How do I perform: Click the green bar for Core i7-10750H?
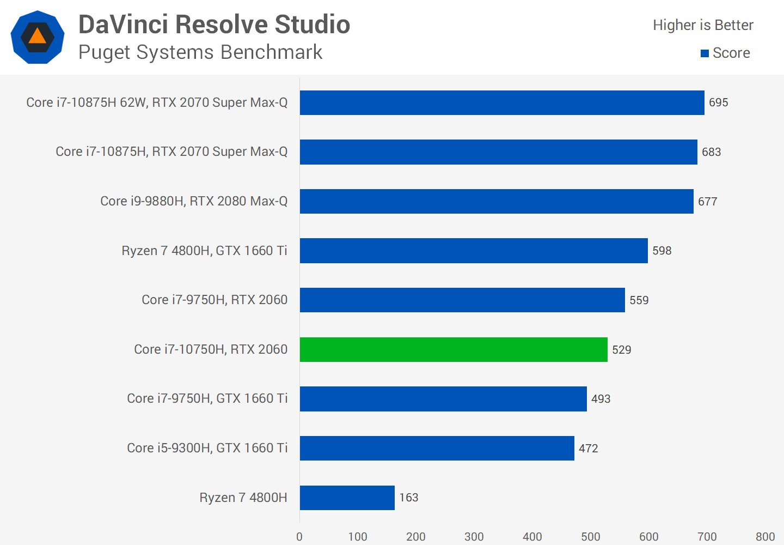(x=454, y=349)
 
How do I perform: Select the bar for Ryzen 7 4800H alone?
(x=347, y=498)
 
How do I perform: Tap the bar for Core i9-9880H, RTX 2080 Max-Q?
(x=497, y=201)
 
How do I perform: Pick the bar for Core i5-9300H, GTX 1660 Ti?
(x=437, y=448)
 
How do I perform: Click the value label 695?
(x=718, y=102)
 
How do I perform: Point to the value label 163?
(x=408, y=498)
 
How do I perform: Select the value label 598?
(x=661, y=251)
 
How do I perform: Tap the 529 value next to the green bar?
(x=621, y=350)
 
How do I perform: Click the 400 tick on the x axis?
(x=532, y=537)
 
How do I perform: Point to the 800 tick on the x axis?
(x=765, y=537)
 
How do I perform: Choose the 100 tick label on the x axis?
(x=358, y=537)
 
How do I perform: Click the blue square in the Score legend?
(x=705, y=53)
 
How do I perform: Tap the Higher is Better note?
(x=703, y=25)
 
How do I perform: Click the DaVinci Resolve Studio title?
(x=214, y=25)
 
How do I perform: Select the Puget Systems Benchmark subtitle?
(x=200, y=52)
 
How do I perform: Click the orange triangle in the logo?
(x=37, y=37)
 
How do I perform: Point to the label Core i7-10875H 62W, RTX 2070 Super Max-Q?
(x=157, y=102)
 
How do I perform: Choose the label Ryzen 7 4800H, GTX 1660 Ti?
(x=204, y=251)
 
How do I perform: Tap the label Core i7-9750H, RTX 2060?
(x=215, y=300)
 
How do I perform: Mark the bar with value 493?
(x=443, y=399)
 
